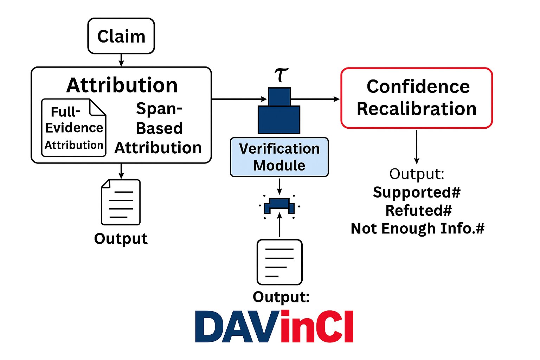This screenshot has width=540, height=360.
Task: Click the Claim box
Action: (x=121, y=36)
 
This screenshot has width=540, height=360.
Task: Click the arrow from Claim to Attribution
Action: (x=121, y=60)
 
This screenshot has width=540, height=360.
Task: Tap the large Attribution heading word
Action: (x=122, y=85)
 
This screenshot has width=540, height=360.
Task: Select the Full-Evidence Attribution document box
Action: (x=74, y=128)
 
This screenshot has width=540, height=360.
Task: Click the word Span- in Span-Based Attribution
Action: (x=159, y=109)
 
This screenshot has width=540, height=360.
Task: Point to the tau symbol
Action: (x=281, y=75)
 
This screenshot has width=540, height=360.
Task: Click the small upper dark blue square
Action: (x=279, y=97)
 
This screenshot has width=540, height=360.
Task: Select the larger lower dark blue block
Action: (x=279, y=120)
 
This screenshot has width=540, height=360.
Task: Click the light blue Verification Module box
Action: (x=279, y=157)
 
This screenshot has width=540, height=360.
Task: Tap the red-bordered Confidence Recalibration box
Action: (x=417, y=98)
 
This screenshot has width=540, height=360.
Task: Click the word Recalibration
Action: (x=417, y=109)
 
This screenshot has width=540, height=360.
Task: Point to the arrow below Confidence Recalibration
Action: (x=417, y=146)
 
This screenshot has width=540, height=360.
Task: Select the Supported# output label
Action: (x=417, y=192)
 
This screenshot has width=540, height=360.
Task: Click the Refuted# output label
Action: (x=418, y=211)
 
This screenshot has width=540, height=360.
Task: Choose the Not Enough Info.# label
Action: (x=418, y=229)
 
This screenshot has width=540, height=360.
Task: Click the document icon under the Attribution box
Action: (x=121, y=202)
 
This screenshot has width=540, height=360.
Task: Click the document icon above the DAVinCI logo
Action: (x=279, y=262)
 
